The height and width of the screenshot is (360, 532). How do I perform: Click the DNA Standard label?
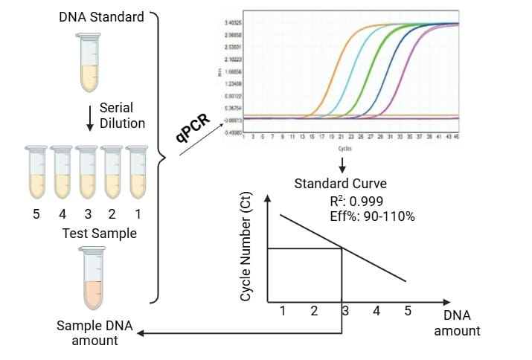[x=101, y=16]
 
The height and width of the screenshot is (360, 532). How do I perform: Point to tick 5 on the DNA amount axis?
[x=407, y=311]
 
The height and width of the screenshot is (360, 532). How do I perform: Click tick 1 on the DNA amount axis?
[x=283, y=311]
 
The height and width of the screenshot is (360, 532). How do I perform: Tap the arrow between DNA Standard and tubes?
[x=89, y=116]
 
